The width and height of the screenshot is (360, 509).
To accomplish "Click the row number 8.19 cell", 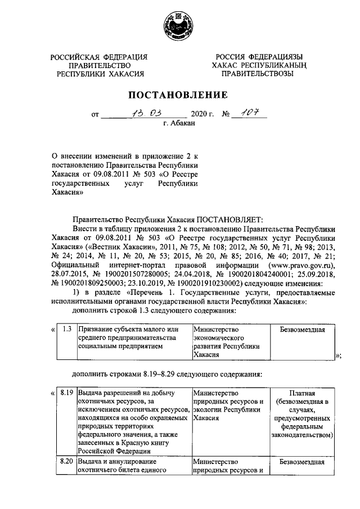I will tap(66, 393).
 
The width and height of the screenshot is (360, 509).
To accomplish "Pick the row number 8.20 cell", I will tap(66, 463).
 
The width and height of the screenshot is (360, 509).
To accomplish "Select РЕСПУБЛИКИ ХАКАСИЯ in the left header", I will tap(99, 74).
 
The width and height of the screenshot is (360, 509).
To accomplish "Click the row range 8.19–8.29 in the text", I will tap(148, 373).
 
